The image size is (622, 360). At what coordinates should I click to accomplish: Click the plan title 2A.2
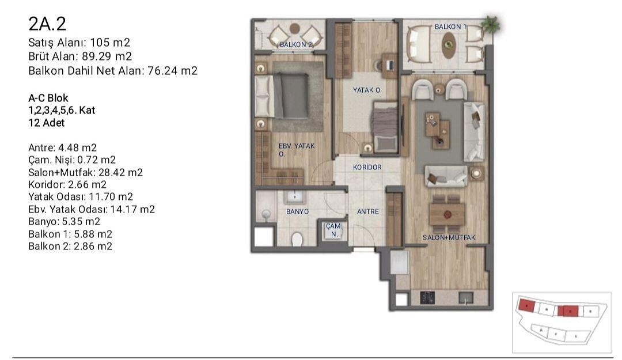point(47,24)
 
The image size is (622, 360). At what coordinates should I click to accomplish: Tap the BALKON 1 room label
point(450,26)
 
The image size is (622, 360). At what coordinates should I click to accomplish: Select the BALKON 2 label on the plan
point(295,44)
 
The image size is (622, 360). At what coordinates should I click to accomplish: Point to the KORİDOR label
point(367,168)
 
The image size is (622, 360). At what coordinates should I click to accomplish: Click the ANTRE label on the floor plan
point(367,212)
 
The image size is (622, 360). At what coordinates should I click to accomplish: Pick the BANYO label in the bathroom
point(297,212)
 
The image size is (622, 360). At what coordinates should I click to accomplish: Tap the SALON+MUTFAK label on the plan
point(449,238)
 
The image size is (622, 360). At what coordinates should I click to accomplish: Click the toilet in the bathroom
point(297,240)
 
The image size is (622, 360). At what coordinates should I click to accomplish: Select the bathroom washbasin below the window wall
point(294,196)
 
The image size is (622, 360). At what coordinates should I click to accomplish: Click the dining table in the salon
point(447,214)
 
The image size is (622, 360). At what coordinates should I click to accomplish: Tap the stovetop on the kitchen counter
point(427,297)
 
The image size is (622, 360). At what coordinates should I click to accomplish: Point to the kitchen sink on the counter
point(466,298)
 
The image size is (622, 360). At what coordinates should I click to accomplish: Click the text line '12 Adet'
point(47,123)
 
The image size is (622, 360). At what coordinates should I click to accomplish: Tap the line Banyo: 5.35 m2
point(65,222)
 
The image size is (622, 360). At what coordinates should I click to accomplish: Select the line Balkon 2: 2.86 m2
point(70,246)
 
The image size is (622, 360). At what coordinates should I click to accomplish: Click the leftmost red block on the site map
point(526,305)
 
